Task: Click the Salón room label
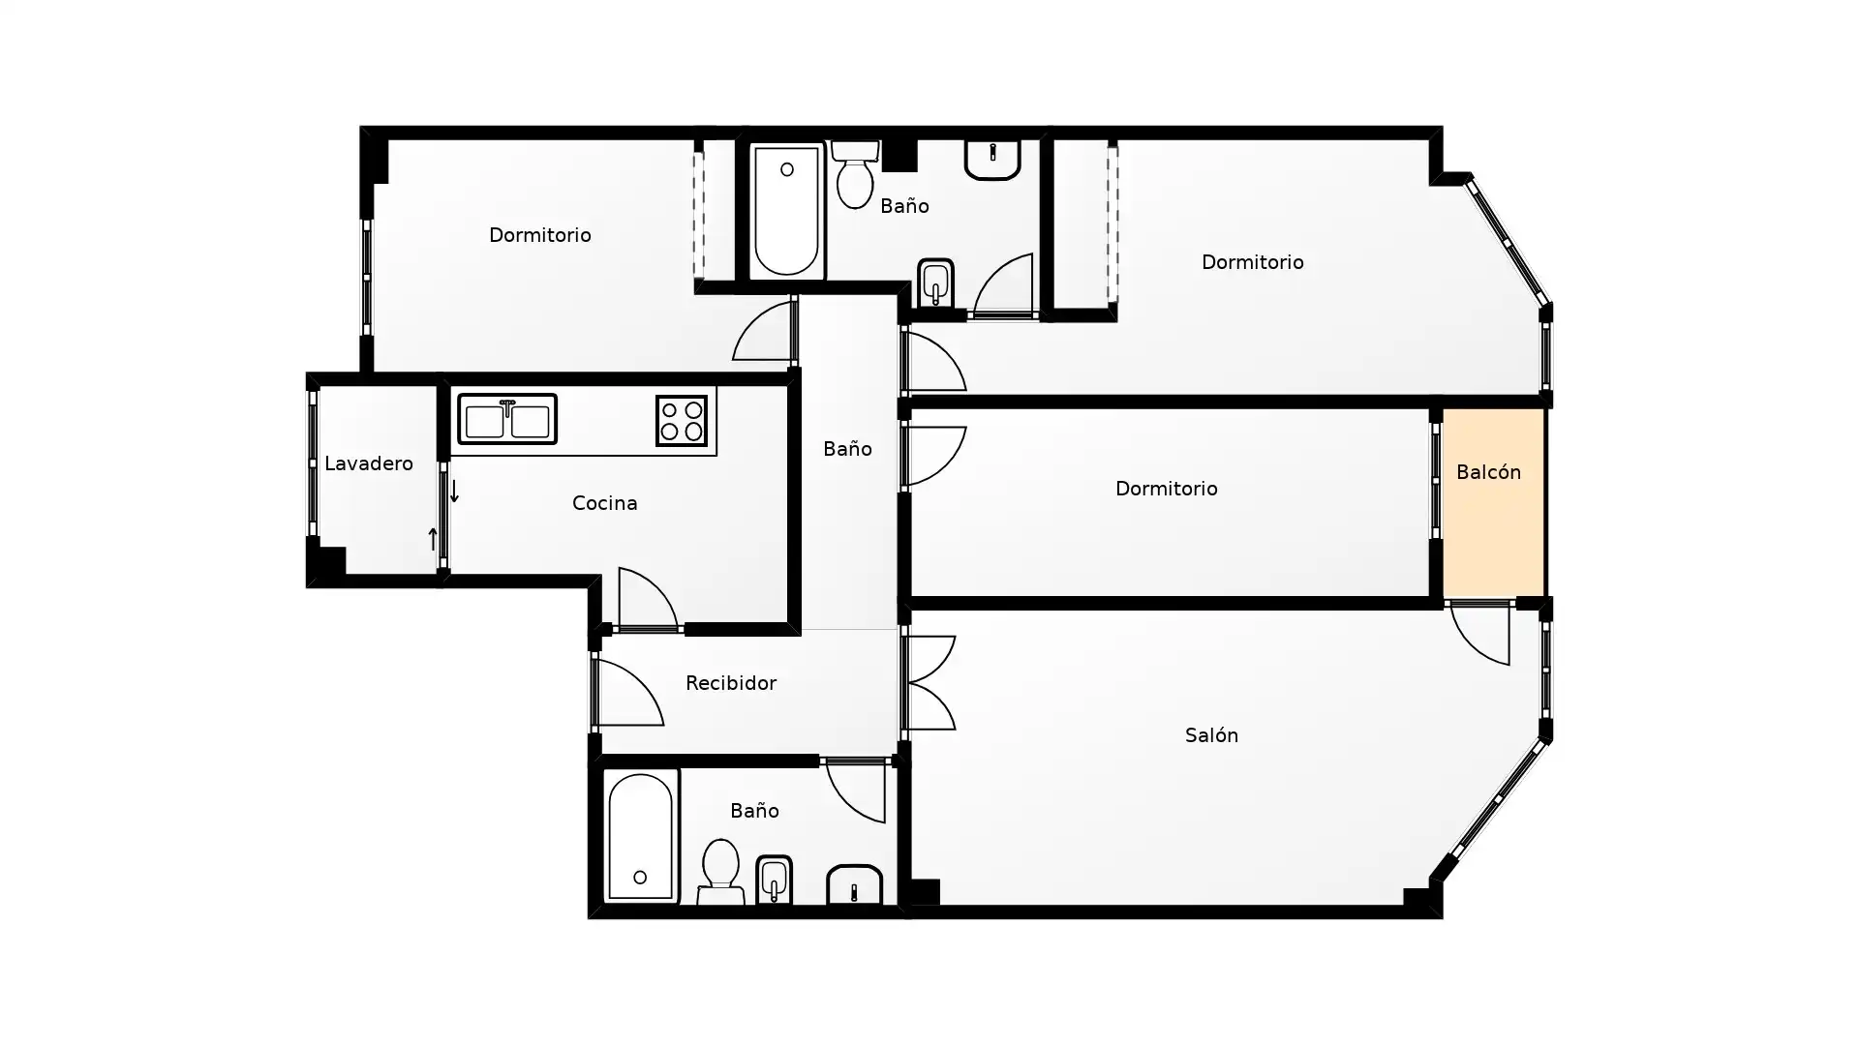tap(1211, 735)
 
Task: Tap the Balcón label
tap(1488, 472)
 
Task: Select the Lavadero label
tap(368, 463)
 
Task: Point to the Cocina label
tap(604, 503)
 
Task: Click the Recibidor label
tap(730, 683)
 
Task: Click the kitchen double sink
tap(507, 419)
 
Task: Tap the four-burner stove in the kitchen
tap(682, 421)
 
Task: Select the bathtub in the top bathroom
tap(786, 211)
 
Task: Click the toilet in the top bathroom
tap(855, 175)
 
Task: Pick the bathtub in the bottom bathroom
tap(641, 838)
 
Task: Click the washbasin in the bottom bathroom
tap(854, 884)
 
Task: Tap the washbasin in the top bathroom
tap(992, 160)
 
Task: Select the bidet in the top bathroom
tap(935, 283)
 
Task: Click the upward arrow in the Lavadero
tap(433, 539)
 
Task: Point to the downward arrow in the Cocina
tap(454, 491)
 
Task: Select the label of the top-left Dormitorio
tap(539, 235)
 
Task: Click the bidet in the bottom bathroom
tap(774, 881)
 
